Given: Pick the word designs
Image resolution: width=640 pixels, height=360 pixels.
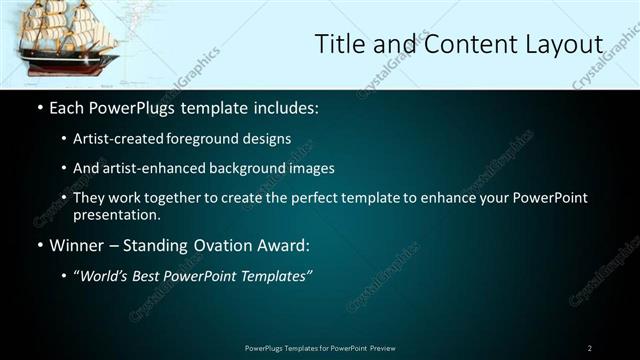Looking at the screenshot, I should tap(268, 139).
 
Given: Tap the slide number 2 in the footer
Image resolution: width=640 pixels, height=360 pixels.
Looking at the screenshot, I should tap(590, 348).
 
